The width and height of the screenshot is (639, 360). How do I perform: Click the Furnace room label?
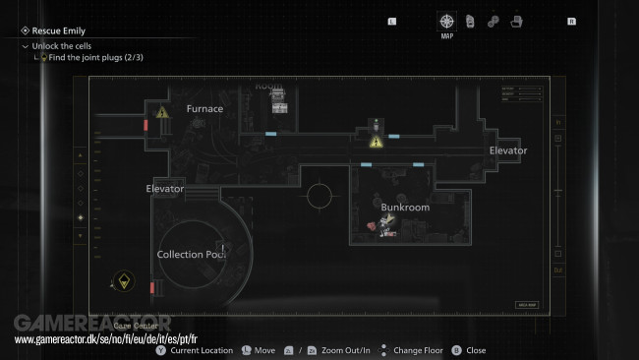point(204,108)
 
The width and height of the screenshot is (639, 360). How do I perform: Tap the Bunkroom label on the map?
point(405,208)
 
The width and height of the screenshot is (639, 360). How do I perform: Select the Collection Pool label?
point(192,254)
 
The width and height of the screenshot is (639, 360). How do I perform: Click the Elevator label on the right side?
point(508,150)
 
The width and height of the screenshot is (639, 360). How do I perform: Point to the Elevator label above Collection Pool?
point(164,188)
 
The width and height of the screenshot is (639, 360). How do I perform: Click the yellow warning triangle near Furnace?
point(163,113)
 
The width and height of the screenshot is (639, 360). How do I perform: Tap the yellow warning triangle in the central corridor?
point(376,142)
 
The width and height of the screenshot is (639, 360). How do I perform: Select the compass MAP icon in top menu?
point(447,22)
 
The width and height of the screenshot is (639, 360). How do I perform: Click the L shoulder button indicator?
point(393,21)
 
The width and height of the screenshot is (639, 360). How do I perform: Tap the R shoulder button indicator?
point(571,21)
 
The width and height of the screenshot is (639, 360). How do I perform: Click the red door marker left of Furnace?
point(145,126)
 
